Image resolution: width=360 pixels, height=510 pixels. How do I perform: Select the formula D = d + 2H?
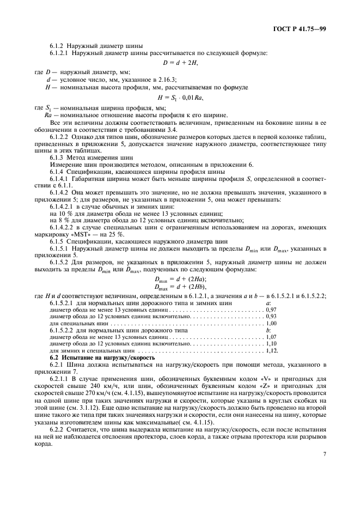coord(180,63)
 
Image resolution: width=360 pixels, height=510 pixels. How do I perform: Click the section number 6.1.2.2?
coord(61,135)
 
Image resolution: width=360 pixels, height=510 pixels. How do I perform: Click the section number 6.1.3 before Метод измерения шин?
coord(58,157)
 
